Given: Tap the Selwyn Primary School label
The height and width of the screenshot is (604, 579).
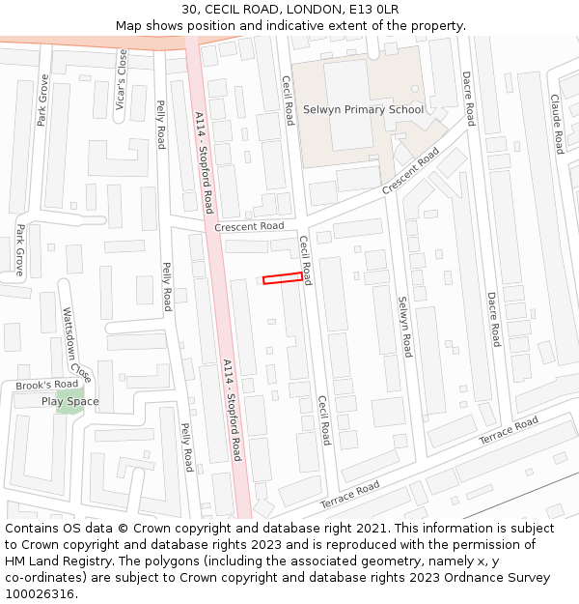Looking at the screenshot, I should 363,109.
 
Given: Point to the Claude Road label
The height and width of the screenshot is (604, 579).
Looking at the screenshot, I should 556,124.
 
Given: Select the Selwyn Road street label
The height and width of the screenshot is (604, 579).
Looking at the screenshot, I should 405,326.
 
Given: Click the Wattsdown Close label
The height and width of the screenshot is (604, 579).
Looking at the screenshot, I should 76,344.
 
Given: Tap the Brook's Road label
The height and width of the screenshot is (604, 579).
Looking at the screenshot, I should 46,385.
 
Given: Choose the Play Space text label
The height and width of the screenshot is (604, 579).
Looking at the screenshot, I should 69,401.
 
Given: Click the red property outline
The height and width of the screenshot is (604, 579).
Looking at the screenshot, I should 283,278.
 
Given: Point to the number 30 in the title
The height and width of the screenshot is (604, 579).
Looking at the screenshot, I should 189,10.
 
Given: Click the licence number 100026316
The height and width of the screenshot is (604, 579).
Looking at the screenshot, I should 39,594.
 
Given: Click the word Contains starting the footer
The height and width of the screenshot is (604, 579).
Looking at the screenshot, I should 33,529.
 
